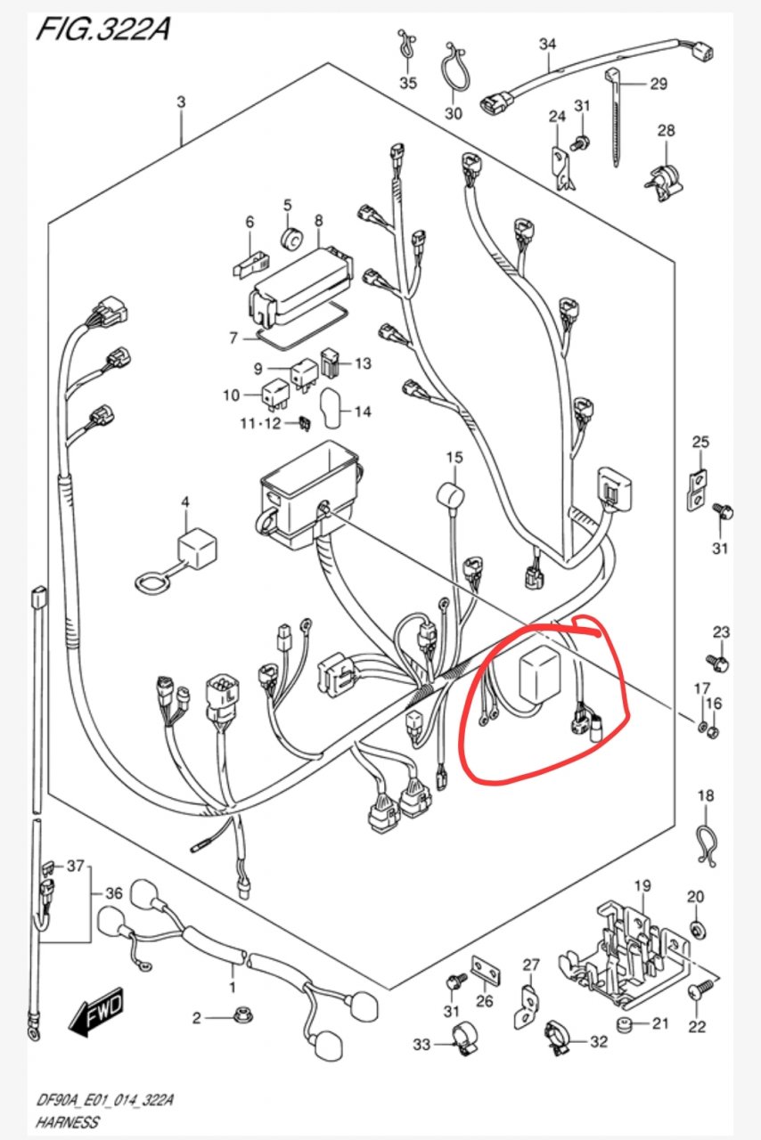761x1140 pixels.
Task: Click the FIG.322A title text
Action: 103,29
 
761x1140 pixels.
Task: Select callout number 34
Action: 547,45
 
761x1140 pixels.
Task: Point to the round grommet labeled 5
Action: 292,239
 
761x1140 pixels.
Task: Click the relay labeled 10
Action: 275,395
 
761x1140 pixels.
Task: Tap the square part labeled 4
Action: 197,546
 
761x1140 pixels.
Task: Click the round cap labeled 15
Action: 450,495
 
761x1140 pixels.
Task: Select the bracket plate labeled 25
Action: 696,491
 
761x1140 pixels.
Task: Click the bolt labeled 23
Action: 718,662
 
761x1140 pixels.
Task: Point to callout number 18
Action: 706,795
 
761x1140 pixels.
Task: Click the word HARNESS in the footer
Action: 67,1121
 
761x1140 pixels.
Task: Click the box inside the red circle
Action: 539,675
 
